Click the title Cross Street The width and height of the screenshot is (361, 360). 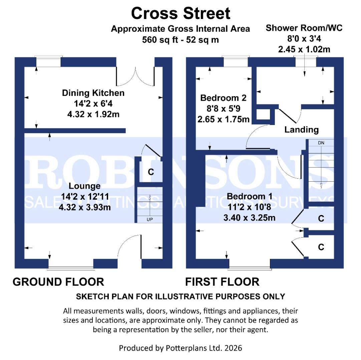pos(180,14)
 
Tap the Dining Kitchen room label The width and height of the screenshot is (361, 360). pos(93,93)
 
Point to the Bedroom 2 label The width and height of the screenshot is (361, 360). pos(223,98)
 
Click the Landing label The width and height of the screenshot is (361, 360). pos(301,130)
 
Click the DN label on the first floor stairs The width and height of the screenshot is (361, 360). pos(321,143)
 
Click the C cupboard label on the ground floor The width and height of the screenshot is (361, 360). pos(151,172)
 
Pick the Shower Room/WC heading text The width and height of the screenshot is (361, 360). pos(304,28)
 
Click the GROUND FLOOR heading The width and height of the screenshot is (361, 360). pos(58,282)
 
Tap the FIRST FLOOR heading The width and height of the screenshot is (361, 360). pos(222,282)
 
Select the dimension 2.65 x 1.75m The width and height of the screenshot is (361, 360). pos(223,119)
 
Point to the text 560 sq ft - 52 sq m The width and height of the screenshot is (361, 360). pos(180,40)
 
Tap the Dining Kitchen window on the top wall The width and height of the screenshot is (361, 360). pos(48,62)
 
